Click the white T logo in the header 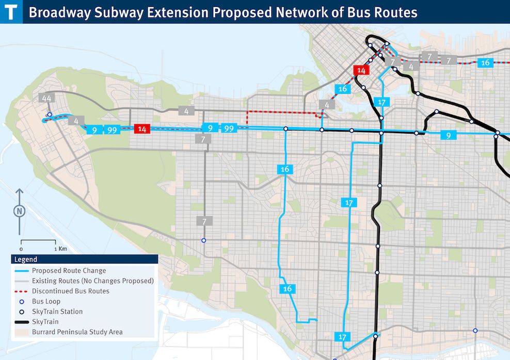tap(11, 11)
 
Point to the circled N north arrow tap(19, 211)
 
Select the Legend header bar tap(84, 259)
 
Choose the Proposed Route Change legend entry tap(69, 270)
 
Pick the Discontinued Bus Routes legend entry tap(70, 291)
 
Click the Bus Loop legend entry tap(46, 301)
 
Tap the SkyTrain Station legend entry tap(57, 312)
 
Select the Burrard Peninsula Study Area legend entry tap(77, 332)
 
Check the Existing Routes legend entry tap(92, 281)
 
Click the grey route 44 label tap(46, 99)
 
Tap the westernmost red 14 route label tap(142, 129)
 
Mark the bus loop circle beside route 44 tap(49, 115)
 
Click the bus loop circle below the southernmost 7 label tap(203, 240)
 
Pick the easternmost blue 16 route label tap(485, 63)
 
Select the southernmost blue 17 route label tap(342, 337)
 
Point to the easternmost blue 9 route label tap(449, 136)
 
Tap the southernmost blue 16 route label tap(288, 289)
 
